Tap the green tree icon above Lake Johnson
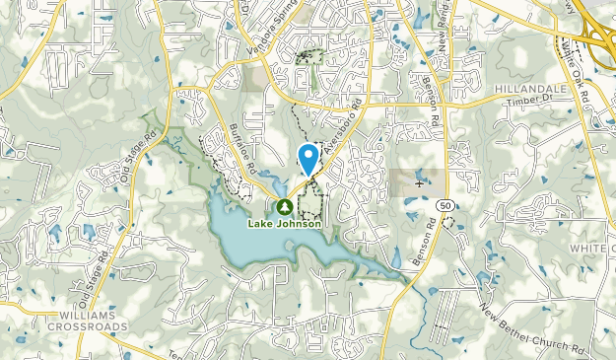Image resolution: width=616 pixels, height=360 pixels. coord(284,208)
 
